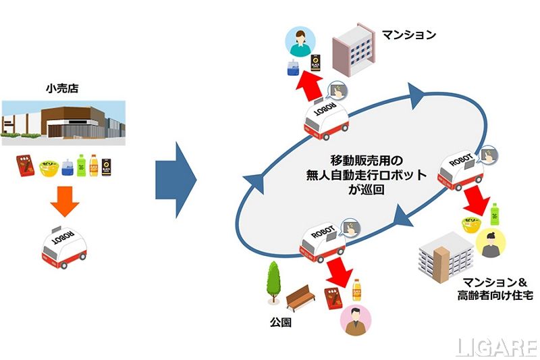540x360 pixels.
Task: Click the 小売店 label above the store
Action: [x=64, y=88]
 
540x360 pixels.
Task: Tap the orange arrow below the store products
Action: [x=65, y=202]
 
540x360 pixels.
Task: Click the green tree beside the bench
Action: [x=273, y=284]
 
